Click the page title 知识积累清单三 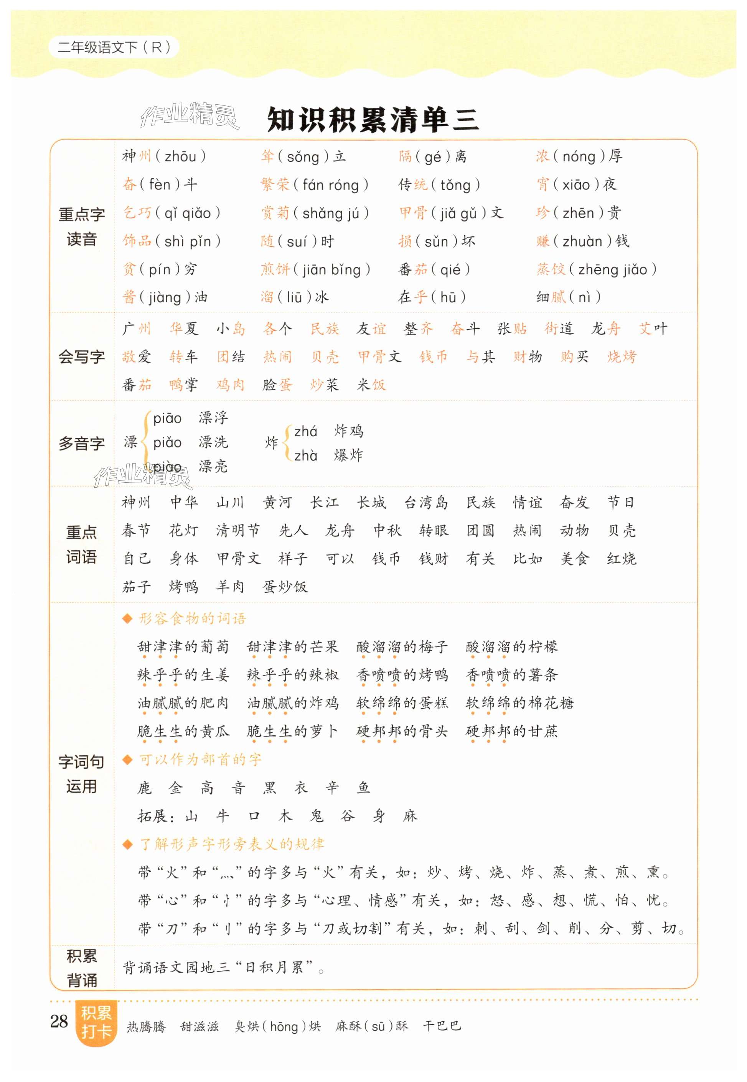[373, 120]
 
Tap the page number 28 [59, 1021]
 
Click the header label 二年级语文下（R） [114, 47]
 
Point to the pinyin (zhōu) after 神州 [180, 156]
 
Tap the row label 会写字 [81, 357]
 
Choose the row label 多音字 [81, 443]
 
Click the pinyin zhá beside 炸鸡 [306, 431]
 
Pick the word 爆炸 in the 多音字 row [348, 455]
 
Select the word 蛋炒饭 [285, 587]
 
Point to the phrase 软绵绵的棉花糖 [519, 703]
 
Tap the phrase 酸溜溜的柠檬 [511, 647]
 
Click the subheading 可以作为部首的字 [200, 760]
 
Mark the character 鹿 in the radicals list [145, 788]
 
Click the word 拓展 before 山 [153, 816]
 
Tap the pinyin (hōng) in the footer [284, 1026]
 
